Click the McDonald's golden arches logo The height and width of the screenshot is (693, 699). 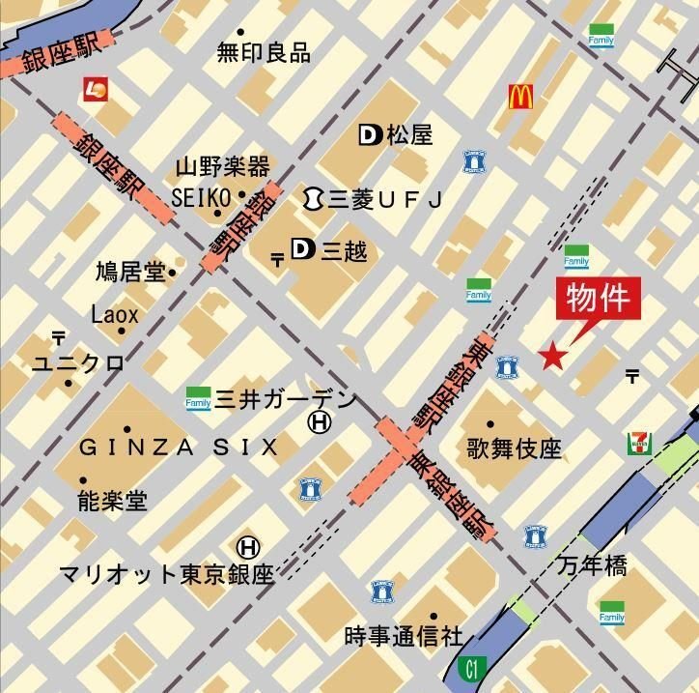click(x=521, y=96)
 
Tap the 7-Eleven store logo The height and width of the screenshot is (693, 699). click(x=636, y=443)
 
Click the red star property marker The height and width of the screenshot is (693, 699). click(x=551, y=357)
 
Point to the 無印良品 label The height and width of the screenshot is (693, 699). click(x=264, y=52)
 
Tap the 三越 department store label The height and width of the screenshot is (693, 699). click(x=343, y=252)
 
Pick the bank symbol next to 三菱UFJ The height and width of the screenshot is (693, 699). click(x=312, y=198)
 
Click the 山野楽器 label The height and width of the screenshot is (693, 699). click(x=223, y=166)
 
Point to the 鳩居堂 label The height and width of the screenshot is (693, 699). click(x=130, y=273)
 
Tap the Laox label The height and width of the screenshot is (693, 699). click(x=115, y=314)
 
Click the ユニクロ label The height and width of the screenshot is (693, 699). click(x=78, y=363)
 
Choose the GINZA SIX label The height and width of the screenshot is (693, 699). click(x=179, y=447)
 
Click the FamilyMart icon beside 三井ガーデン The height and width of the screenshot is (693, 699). click(x=198, y=398)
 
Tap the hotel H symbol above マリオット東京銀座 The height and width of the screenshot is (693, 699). click(x=248, y=548)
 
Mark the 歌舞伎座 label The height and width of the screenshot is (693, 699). click(x=514, y=448)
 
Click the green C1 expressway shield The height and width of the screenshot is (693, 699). click(x=471, y=667)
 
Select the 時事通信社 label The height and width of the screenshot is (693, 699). click(x=404, y=636)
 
